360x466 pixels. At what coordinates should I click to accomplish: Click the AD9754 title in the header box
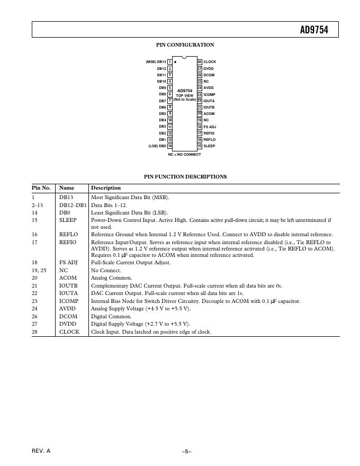pyautogui.click(x=314, y=30)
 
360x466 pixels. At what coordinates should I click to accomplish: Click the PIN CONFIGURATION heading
pyautogui.click(x=185, y=45)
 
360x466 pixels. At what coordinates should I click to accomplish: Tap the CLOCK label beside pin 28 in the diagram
pyautogui.click(x=210, y=62)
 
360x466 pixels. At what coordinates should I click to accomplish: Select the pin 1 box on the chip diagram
pyautogui.click(x=170, y=62)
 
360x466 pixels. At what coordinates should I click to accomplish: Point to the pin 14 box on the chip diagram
pyautogui.click(x=170, y=146)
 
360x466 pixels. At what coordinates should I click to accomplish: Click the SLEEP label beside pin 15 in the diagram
pyautogui.click(x=209, y=146)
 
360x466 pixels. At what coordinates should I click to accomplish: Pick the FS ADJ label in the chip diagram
pyautogui.click(x=210, y=127)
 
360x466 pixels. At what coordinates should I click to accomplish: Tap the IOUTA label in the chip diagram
pyautogui.click(x=209, y=101)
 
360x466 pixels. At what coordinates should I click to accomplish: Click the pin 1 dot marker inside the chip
pyautogui.click(x=175, y=62)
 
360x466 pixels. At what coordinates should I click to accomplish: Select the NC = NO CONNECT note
pyautogui.click(x=185, y=155)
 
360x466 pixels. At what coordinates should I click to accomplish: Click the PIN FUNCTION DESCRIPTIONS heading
pyautogui.click(x=185, y=177)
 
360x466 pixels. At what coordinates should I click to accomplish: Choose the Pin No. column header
pyautogui.click(x=41, y=188)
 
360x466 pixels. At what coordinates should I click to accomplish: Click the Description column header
pyautogui.click(x=106, y=188)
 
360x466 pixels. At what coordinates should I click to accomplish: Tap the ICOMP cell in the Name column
pyautogui.click(x=68, y=301)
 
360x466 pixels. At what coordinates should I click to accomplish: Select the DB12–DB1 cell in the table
pyautogui.click(x=73, y=204)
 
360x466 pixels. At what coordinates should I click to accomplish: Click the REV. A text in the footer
pyautogui.click(x=41, y=451)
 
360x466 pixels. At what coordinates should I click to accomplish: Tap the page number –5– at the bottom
pyautogui.click(x=186, y=451)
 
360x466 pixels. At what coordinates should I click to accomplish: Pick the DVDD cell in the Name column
pyautogui.click(x=68, y=324)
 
